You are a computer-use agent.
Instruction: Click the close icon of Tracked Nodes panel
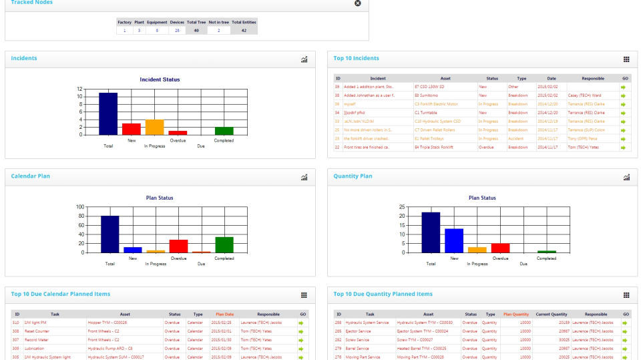click(357, 3)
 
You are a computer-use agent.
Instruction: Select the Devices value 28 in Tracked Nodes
click(177, 30)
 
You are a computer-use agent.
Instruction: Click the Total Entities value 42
click(244, 30)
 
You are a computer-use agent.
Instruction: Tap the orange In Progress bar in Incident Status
click(154, 128)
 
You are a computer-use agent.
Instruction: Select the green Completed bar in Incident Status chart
click(224, 131)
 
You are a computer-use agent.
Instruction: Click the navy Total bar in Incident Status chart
click(108, 114)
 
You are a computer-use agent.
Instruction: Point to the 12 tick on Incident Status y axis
click(79, 89)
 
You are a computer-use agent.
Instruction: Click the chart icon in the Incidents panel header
click(304, 59)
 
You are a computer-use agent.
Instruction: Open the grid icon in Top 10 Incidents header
click(626, 59)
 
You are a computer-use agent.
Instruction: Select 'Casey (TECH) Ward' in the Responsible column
click(584, 96)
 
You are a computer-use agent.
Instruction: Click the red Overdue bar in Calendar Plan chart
click(178, 246)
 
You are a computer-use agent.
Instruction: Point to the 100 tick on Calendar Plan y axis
click(80, 207)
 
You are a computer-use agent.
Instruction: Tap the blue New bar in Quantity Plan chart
click(454, 240)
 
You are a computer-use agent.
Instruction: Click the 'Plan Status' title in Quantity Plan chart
click(482, 198)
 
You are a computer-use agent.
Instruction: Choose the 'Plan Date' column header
click(224, 314)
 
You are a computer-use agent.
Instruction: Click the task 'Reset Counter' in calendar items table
click(38, 331)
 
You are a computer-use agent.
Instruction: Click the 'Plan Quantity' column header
click(515, 314)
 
